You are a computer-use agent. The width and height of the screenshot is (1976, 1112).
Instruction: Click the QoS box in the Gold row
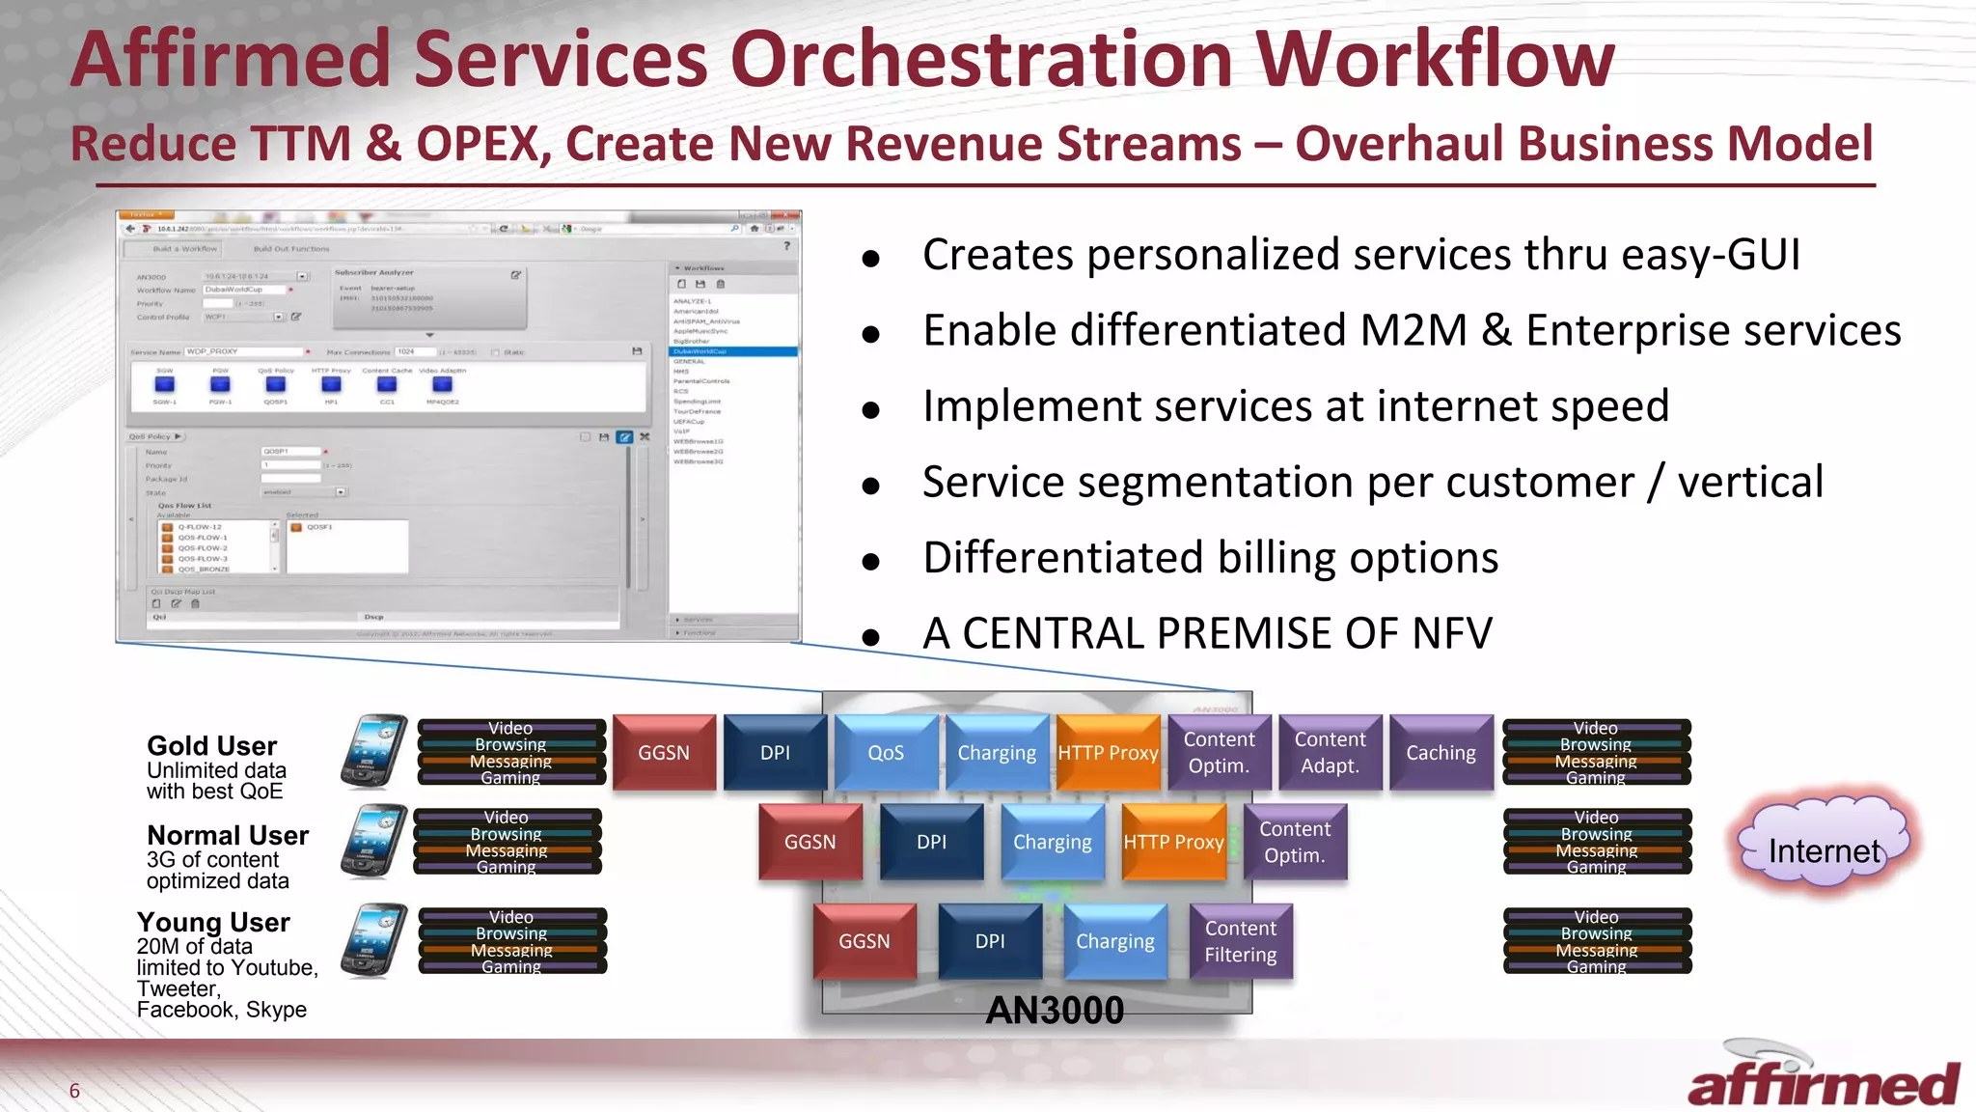tap(886, 752)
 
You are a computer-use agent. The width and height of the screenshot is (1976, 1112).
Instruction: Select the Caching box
tap(1441, 752)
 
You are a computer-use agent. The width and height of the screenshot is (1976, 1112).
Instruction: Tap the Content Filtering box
tap(1240, 941)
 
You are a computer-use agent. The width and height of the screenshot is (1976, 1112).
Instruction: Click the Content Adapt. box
tap(1330, 752)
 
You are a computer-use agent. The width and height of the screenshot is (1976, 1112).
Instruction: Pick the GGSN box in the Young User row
tap(864, 941)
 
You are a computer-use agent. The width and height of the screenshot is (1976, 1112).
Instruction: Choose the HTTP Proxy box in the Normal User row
tap(1173, 842)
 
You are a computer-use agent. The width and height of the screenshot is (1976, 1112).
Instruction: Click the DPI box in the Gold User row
tap(775, 752)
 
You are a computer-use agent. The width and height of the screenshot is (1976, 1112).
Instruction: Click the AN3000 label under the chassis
tap(1055, 1011)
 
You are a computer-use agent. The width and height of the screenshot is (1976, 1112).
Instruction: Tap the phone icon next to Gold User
tap(374, 752)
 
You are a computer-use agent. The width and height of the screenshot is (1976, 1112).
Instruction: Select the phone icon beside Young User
tap(374, 940)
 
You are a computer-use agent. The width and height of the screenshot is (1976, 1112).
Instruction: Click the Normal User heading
tap(228, 835)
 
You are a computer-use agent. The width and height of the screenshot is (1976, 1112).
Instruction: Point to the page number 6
tap(74, 1091)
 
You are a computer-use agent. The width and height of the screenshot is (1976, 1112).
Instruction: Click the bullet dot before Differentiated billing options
tap(870, 562)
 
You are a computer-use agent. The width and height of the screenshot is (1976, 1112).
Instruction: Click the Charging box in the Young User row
tap(1114, 941)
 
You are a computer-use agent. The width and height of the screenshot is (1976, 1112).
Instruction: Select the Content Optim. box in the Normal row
tap(1294, 842)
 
